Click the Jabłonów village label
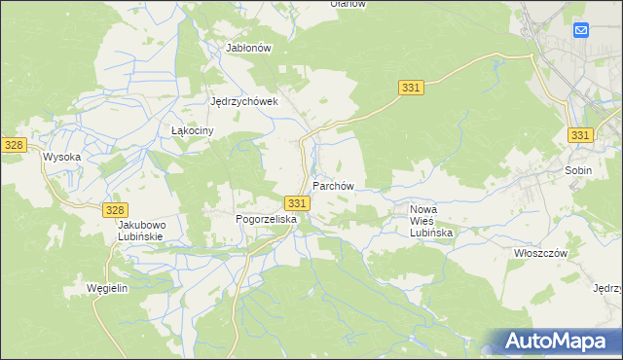[247, 47]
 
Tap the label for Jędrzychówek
[245, 101]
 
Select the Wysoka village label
[60, 156]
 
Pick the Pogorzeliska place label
[266, 220]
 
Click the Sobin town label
[578, 169]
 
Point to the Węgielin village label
[108, 290]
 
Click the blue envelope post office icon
[581, 31]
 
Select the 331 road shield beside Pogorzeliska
[298, 202]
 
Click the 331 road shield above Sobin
[580, 135]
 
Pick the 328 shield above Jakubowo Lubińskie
[115, 210]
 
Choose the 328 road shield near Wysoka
[14, 144]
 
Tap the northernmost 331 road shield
[410, 89]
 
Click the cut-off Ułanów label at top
[348, 4]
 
